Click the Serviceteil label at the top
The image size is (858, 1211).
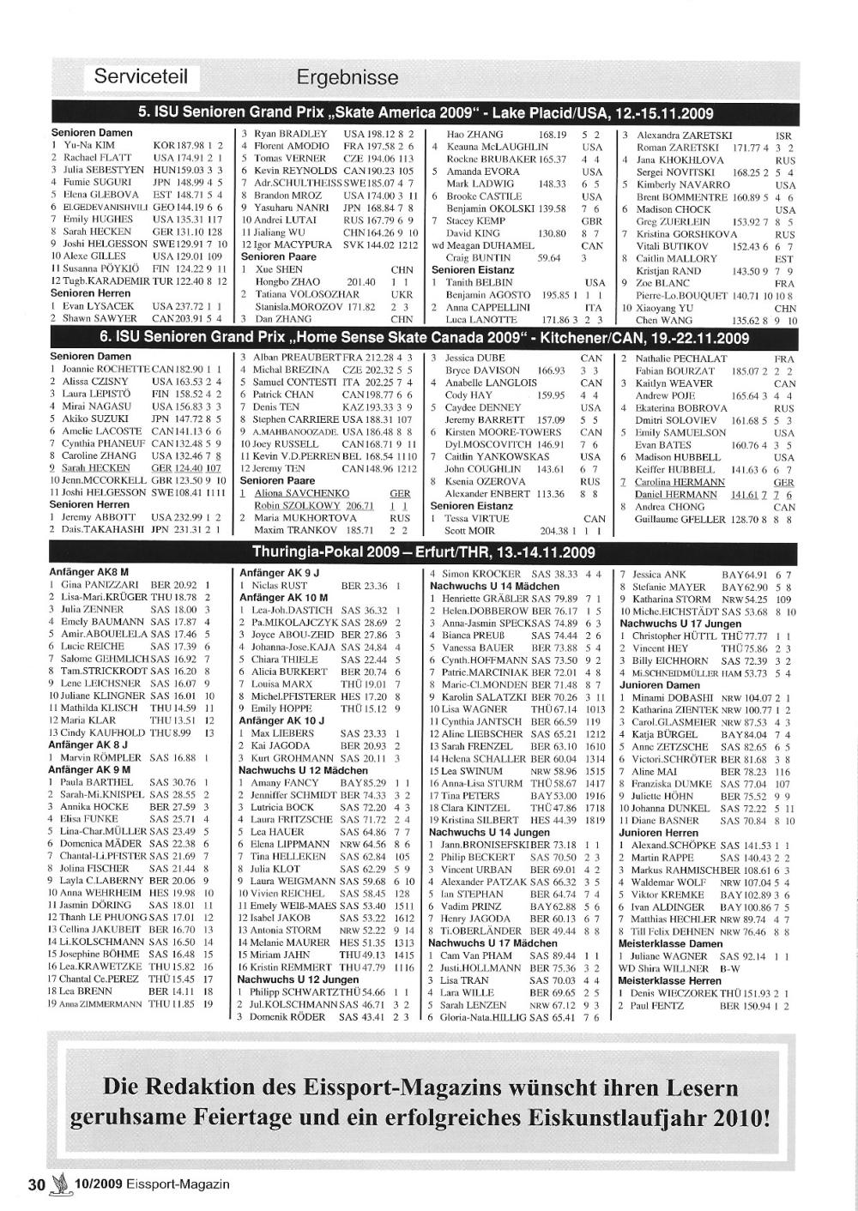(x=141, y=77)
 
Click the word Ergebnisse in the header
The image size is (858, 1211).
(x=347, y=77)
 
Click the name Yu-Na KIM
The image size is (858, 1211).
(x=91, y=146)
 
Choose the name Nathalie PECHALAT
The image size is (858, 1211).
(x=681, y=358)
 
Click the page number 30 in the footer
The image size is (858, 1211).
(x=36, y=1184)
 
